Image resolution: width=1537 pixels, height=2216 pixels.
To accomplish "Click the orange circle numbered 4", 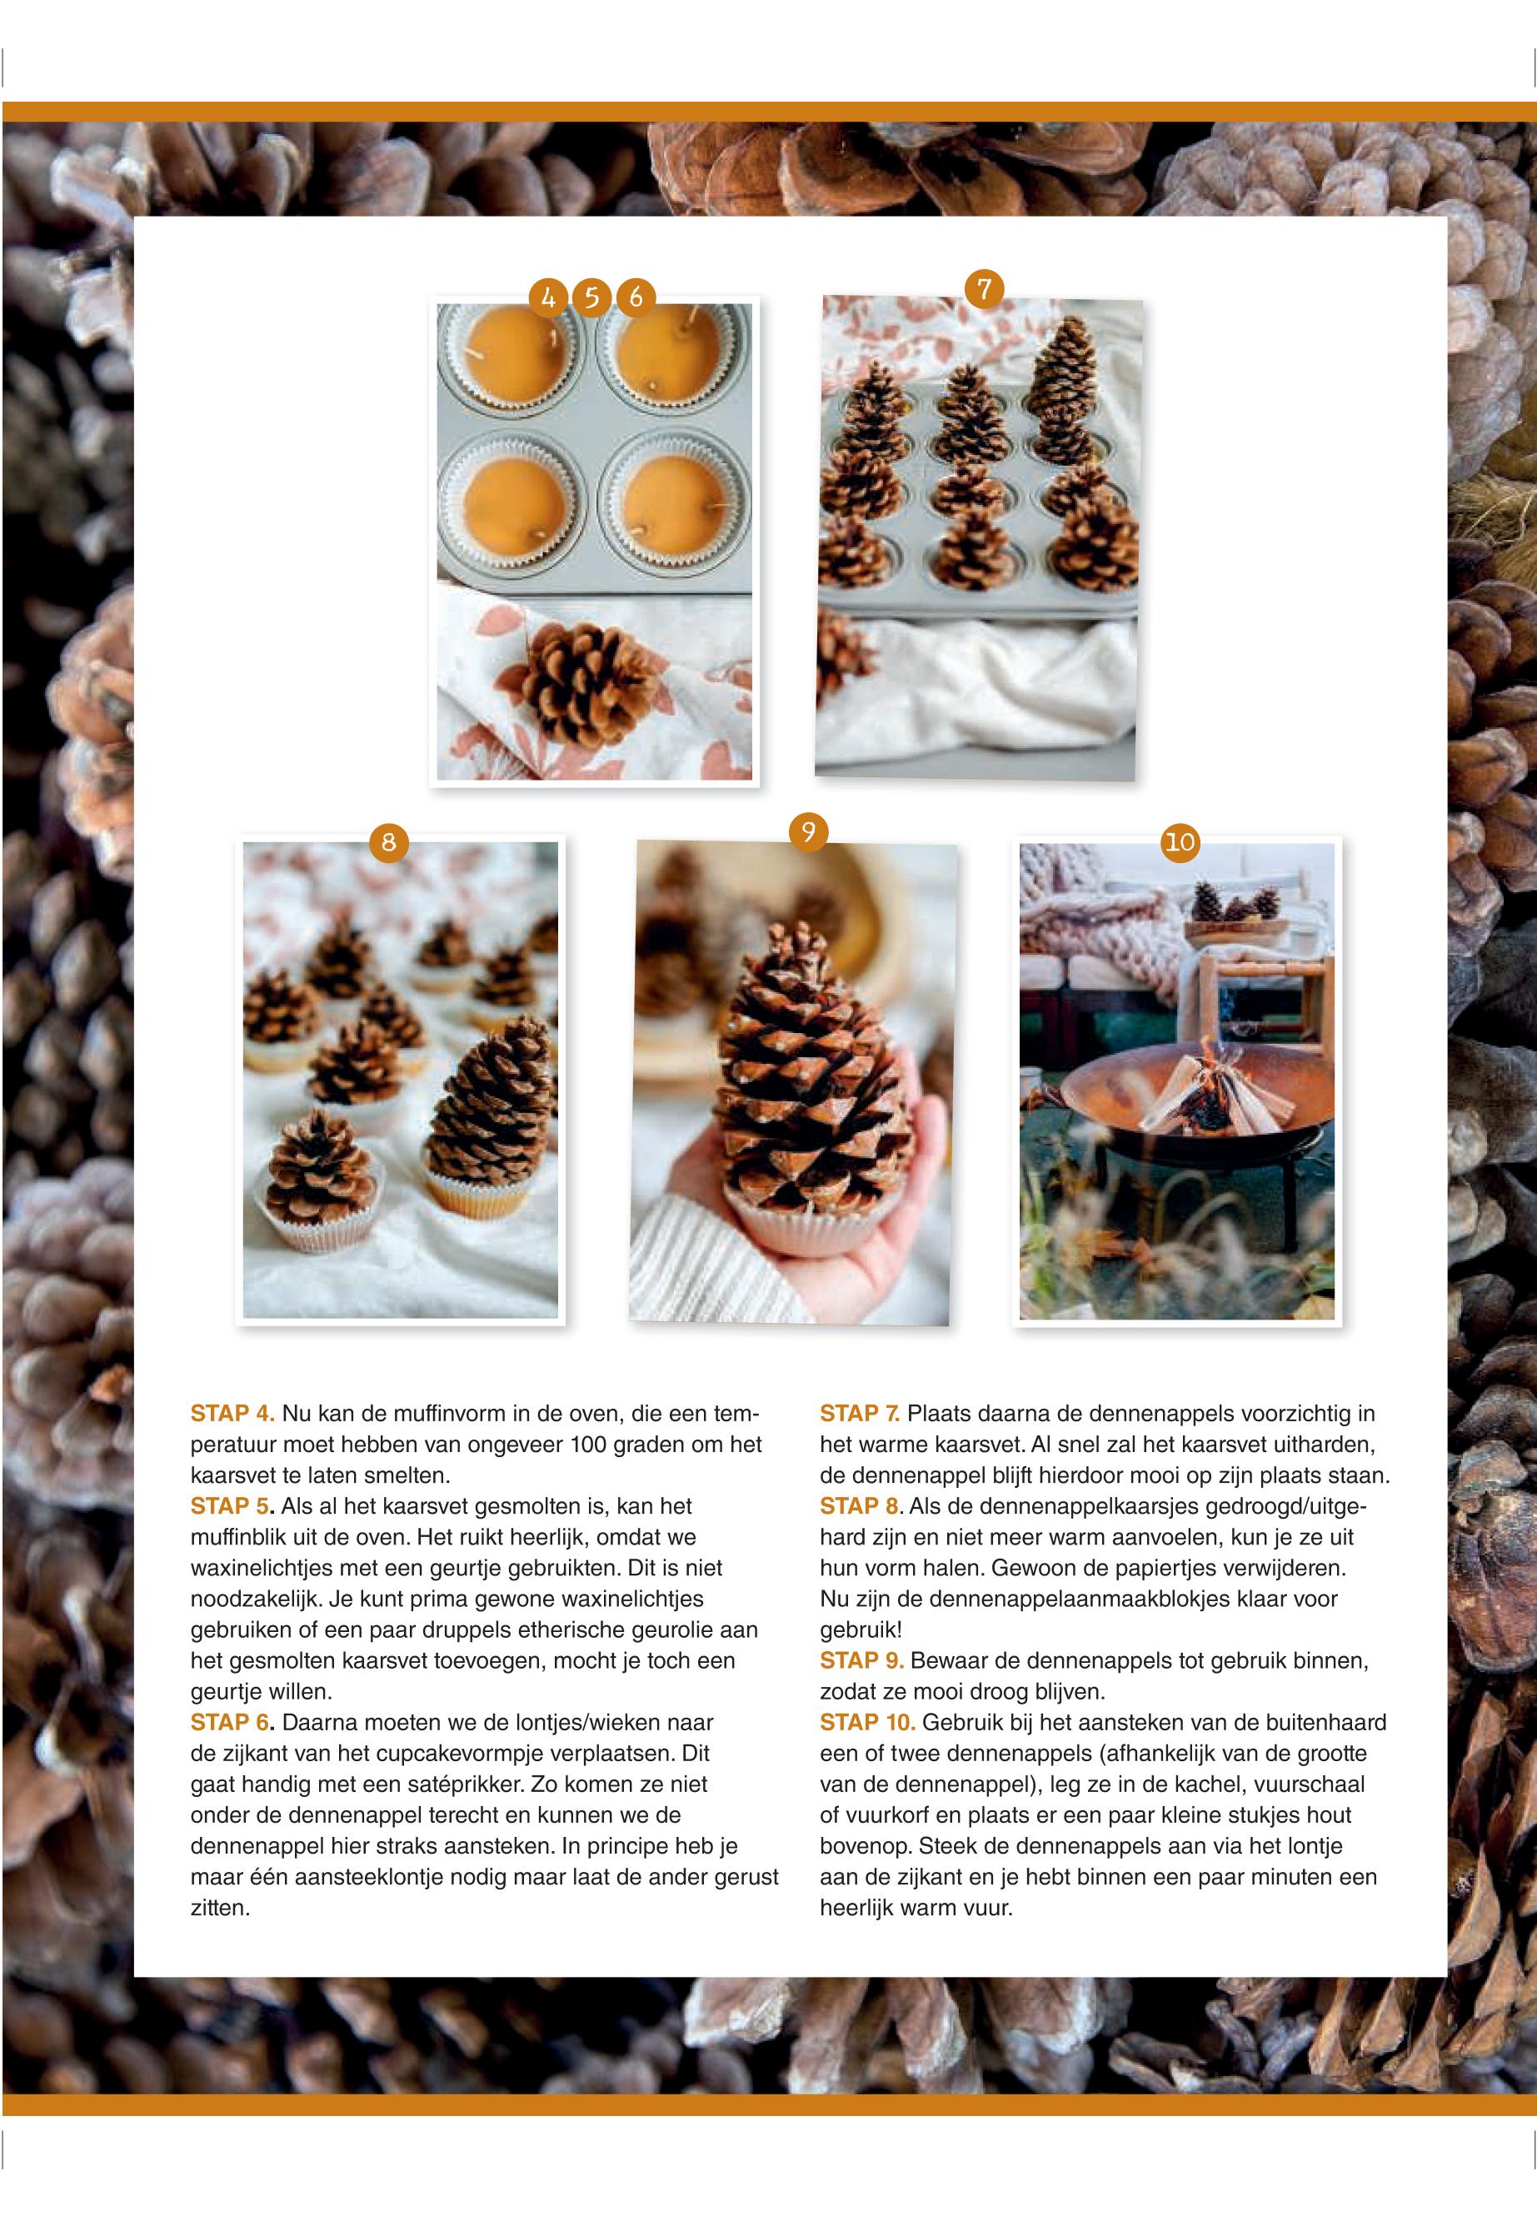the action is pos(548,297).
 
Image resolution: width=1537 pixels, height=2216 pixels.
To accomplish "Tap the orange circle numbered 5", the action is pos(591,297).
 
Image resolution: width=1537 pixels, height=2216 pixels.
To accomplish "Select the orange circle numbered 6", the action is pos(635,297).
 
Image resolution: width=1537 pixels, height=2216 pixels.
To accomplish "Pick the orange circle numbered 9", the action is pos(809,830).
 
